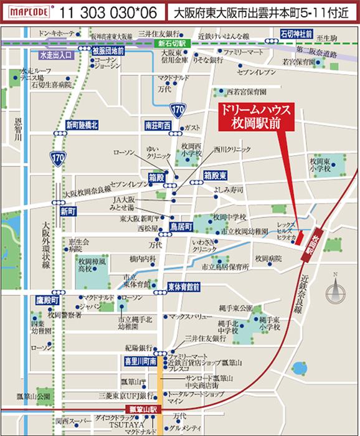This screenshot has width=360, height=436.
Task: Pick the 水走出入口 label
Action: [x=56, y=55]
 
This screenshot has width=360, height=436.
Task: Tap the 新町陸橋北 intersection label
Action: [x=82, y=125]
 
